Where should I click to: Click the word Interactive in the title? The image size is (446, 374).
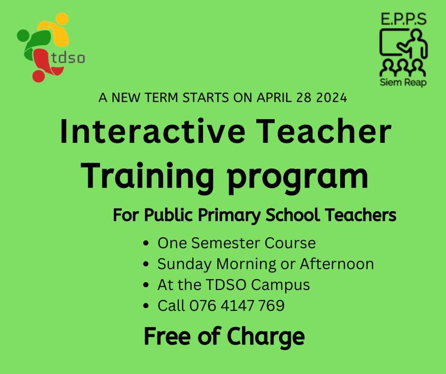(x=153, y=131)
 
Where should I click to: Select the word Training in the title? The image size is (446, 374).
(x=148, y=176)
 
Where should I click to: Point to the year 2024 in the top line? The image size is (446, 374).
(x=332, y=98)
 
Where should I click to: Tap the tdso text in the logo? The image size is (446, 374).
(x=68, y=57)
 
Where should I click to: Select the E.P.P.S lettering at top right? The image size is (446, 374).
(x=403, y=19)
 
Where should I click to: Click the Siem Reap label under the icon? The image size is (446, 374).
(x=403, y=82)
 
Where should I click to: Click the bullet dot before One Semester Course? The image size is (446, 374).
(x=146, y=243)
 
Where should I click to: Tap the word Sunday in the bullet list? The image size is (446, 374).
(x=184, y=264)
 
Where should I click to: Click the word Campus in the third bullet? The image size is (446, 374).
(x=280, y=285)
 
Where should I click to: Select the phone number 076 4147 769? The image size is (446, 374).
(x=237, y=305)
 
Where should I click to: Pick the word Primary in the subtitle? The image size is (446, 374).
(x=229, y=215)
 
